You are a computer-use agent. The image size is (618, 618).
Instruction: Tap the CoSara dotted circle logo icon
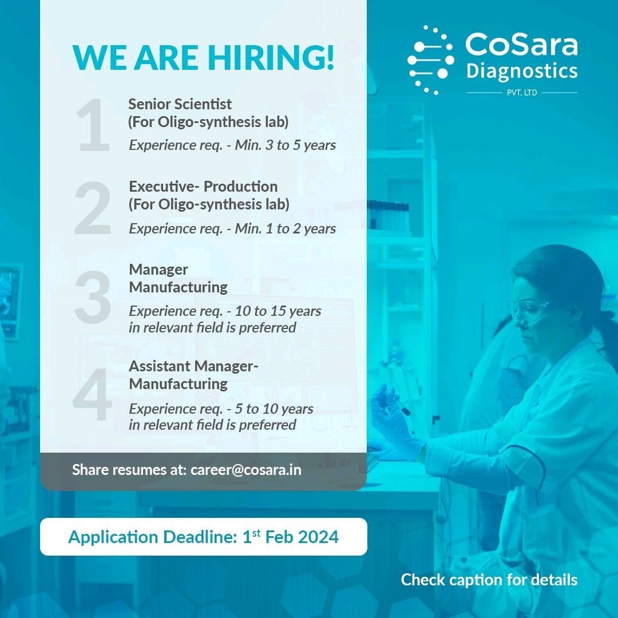(x=430, y=60)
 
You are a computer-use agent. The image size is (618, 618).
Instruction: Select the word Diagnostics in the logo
(x=522, y=72)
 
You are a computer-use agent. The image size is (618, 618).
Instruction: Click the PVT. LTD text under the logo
(x=522, y=93)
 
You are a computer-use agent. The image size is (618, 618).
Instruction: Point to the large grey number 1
(x=93, y=125)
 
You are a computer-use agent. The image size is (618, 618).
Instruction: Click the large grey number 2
(x=93, y=208)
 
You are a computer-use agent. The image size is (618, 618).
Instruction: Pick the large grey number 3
(x=93, y=297)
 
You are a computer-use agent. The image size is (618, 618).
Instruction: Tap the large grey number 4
(x=92, y=394)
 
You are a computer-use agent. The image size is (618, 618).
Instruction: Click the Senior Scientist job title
(x=180, y=104)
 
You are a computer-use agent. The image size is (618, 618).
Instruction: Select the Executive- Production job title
(x=203, y=187)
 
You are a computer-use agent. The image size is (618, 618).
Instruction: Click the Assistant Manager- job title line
(x=193, y=366)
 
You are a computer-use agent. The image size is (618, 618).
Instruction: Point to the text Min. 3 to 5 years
(x=286, y=145)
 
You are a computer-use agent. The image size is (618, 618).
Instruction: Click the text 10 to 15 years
(x=278, y=311)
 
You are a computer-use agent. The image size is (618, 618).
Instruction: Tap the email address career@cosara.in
(x=246, y=470)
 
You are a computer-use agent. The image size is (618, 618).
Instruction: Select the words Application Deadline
(x=153, y=537)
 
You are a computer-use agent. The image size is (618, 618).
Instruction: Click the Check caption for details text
(x=489, y=580)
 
